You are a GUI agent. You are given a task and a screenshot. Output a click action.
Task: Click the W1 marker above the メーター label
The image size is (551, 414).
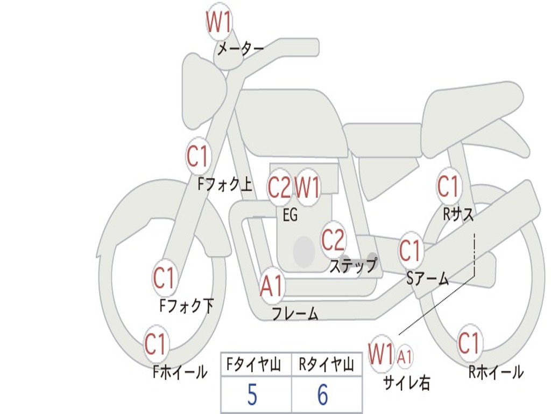tap(219, 23)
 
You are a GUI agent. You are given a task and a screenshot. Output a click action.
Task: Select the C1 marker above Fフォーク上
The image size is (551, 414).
tap(197, 157)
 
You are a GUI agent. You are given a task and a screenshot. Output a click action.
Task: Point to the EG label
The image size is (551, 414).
tap(290, 216)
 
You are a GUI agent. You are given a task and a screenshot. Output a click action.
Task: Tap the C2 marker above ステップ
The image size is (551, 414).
tap(333, 240)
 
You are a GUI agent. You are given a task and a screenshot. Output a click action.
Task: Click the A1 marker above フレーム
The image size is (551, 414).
tap(272, 286)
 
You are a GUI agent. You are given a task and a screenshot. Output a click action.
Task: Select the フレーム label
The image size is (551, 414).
tap(295, 313)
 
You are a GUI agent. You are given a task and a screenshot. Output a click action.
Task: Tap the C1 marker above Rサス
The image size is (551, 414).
tap(448, 187)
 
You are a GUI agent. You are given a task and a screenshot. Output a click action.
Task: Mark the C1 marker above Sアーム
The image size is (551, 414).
tap(411, 251)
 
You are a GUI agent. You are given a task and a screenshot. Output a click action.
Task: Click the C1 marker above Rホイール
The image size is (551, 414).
tap(469, 343)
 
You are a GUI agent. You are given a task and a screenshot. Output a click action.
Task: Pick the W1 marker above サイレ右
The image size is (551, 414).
tap(381, 355)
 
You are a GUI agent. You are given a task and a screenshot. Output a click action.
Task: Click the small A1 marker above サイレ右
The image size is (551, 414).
tap(405, 356)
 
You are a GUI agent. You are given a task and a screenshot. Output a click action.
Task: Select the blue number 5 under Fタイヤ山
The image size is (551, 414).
tap(252, 395)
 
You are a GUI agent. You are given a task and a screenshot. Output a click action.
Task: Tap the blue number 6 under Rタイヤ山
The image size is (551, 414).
tap(322, 395)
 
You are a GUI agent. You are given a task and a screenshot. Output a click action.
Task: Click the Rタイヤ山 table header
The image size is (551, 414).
tap(326, 366)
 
